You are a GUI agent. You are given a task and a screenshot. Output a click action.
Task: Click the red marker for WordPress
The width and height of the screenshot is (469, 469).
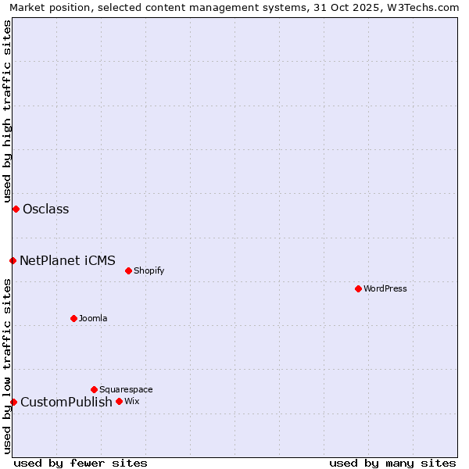(358, 288)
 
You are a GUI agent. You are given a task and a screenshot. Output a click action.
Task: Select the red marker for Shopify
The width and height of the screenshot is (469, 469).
(128, 270)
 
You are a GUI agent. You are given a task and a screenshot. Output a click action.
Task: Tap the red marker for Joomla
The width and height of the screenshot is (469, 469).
(73, 318)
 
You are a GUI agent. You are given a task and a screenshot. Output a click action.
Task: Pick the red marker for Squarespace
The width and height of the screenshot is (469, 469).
(94, 389)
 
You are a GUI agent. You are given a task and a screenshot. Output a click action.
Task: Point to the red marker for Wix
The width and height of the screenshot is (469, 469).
(119, 401)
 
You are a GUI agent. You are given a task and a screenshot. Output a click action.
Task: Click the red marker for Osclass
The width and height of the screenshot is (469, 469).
(16, 209)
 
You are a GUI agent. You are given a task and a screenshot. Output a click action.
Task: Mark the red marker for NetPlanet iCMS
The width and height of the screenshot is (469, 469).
(13, 260)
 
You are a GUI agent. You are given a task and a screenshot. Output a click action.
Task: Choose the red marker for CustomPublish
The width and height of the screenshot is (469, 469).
(13, 402)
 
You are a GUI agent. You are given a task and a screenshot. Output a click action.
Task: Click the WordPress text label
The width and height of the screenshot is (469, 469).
(385, 288)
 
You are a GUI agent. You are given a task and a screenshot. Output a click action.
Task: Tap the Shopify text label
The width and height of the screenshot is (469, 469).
(149, 270)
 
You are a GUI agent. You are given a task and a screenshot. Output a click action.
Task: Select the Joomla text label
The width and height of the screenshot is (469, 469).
(93, 318)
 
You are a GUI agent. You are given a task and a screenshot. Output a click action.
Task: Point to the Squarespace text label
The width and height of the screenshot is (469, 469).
(126, 389)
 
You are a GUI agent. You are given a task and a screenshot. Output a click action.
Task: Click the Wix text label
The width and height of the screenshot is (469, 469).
(131, 401)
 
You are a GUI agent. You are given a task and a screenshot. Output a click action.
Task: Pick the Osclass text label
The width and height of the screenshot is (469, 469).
(46, 209)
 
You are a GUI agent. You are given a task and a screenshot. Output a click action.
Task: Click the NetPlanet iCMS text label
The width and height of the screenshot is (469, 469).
(67, 260)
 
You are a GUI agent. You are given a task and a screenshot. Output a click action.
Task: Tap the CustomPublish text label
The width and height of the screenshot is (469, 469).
(66, 402)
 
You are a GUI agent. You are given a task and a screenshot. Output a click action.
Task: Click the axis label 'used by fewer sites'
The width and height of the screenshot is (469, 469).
(81, 463)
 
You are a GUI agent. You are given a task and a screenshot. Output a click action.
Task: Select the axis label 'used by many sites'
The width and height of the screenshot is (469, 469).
(392, 463)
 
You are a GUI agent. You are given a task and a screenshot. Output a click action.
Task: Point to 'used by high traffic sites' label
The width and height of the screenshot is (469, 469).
(7, 109)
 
